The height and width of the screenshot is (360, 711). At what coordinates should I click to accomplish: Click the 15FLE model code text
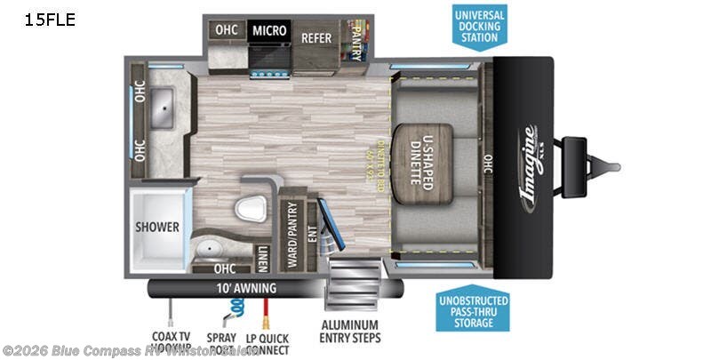coord(50,20)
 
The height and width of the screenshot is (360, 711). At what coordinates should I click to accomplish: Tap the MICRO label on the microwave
coord(269,31)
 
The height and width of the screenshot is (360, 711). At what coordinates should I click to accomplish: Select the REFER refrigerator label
coord(316,37)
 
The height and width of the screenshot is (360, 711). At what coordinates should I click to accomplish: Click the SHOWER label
coord(157,227)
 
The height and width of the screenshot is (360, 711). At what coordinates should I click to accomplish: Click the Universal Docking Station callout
coord(480,26)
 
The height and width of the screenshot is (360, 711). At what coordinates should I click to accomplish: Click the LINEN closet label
coord(263,255)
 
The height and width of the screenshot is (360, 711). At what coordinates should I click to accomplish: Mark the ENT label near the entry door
coord(311,233)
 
